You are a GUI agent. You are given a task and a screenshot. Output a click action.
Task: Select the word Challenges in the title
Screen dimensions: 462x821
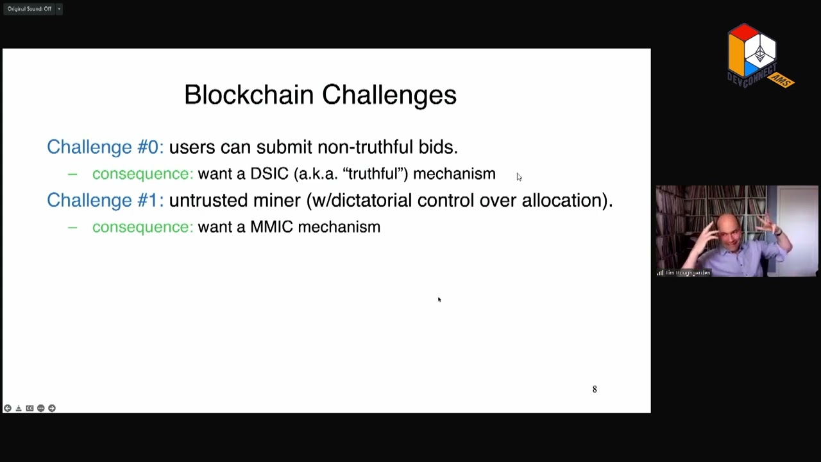click(x=389, y=95)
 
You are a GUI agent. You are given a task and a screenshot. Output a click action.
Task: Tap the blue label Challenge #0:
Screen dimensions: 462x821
click(x=105, y=147)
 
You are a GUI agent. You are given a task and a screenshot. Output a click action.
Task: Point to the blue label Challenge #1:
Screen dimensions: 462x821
click(x=105, y=200)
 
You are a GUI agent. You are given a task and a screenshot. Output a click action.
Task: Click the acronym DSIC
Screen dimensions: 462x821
click(x=269, y=174)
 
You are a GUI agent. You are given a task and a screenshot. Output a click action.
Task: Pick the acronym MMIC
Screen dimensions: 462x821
click(x=271, y=227)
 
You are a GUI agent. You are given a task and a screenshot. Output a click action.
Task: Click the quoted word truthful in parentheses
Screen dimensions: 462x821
click(x=375, y=174)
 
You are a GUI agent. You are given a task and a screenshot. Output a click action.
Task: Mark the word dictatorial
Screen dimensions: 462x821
click(x=366, y=200)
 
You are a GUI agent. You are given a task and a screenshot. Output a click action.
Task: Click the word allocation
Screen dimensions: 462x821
click(x=561, y=200)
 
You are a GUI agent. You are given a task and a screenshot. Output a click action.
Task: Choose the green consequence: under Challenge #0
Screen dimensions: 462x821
click(x=142, y=174)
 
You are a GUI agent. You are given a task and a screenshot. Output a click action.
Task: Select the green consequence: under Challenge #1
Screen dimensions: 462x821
click(x=142, y=227)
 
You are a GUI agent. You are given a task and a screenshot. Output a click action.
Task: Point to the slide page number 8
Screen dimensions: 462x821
click(x=595, y=389)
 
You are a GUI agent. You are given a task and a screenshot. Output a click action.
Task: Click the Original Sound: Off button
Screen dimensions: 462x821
click(x=30, y=9)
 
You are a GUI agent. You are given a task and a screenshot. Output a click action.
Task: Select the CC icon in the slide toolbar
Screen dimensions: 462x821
click(x=30, y=408)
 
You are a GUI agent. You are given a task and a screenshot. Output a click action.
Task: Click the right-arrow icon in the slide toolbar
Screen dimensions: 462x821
click(x=52, y=408)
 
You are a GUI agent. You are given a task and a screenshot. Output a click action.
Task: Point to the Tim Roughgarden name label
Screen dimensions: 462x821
click(x=688, y=273)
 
